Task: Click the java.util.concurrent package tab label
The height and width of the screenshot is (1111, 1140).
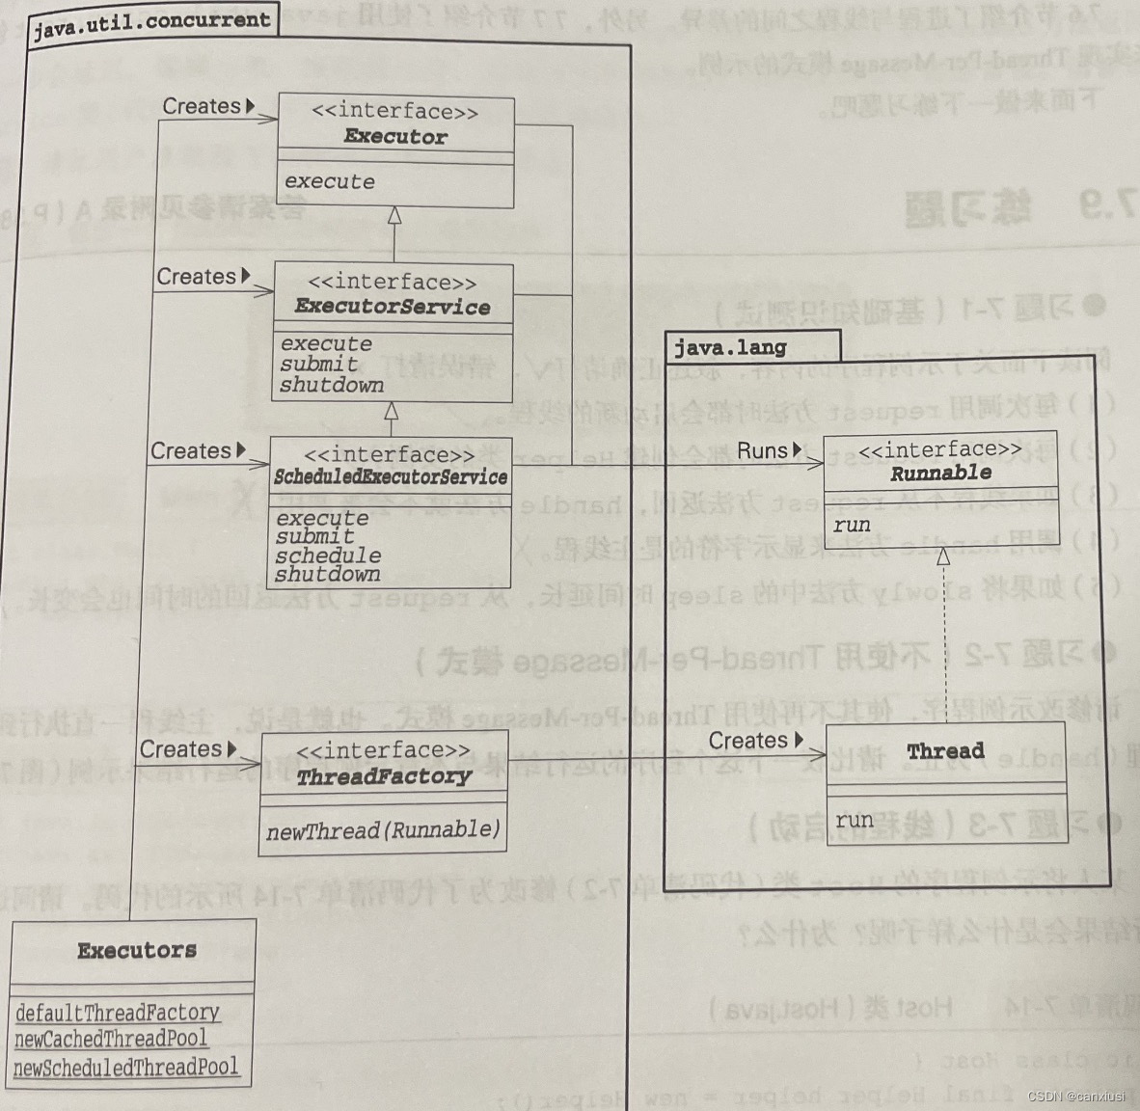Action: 151,21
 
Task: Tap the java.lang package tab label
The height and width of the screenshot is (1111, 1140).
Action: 730,347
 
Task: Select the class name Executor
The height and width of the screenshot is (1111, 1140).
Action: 395,137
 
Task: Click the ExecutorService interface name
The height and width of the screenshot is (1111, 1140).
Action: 393,307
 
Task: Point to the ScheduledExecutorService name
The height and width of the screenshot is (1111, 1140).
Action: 390,476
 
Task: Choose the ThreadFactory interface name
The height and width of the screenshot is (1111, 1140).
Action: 384,776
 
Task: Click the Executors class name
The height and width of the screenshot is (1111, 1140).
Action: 137,951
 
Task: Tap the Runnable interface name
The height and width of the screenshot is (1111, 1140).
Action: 940,473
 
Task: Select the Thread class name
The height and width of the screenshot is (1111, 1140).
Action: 945,750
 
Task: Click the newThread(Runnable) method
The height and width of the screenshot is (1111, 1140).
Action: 384,830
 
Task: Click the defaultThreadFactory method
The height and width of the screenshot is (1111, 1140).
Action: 118,1013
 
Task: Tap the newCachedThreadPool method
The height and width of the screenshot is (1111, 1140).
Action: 111,1039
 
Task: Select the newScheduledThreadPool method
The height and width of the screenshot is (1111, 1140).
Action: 125,1067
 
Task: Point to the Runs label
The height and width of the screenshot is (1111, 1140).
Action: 764,450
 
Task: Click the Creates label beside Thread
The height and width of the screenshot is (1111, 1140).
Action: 749,741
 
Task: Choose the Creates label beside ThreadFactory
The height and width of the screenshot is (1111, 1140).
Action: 181,749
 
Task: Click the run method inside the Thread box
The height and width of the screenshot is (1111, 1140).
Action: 855,820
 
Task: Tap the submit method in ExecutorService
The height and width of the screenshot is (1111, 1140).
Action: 318,364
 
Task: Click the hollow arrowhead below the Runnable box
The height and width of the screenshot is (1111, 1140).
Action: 943,556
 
